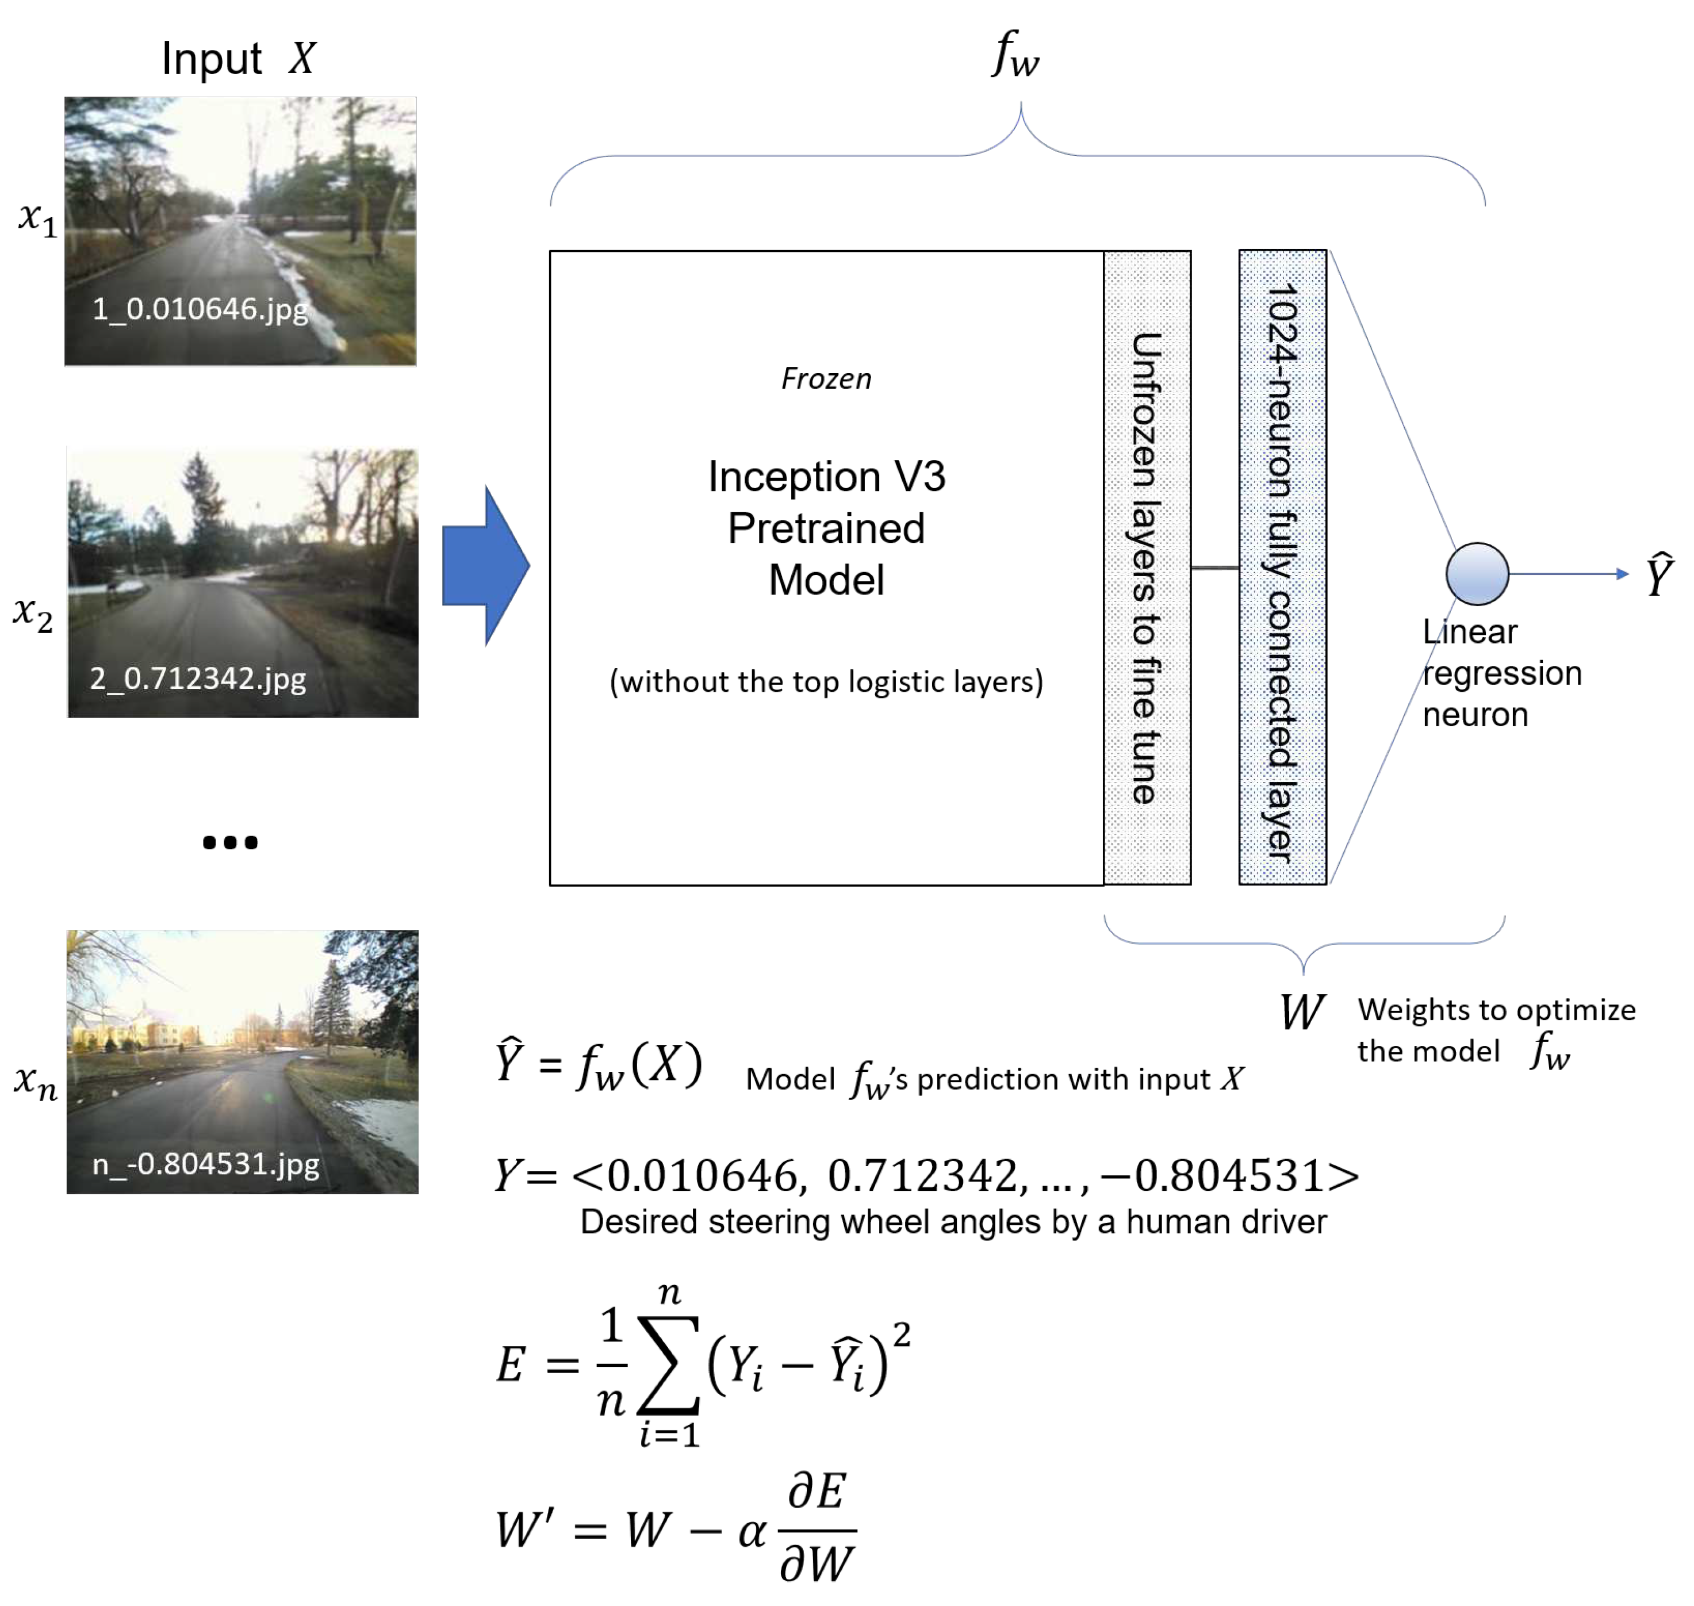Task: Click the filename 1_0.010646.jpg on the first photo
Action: [200, 308]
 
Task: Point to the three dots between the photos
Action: [229, 842]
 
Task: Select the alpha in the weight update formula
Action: [751, 1531]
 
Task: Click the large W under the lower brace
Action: [1302, 1012]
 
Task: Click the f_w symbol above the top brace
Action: [1015, 54]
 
